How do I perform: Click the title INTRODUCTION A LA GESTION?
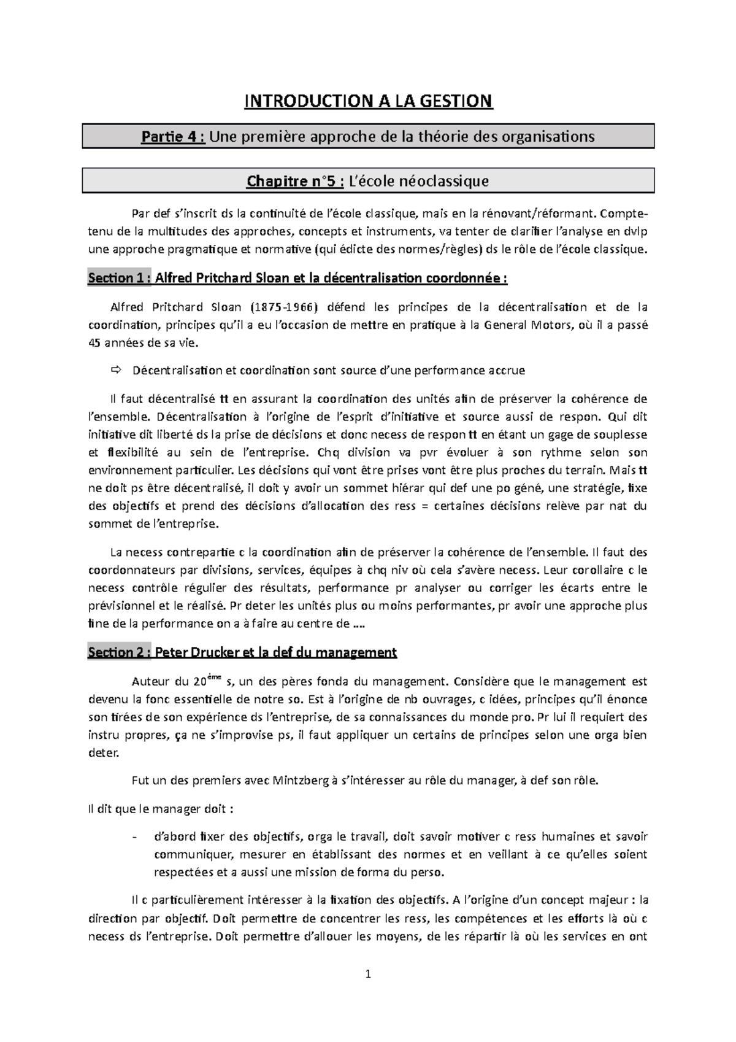pos(368,101)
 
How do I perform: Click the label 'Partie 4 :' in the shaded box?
pos(173,136)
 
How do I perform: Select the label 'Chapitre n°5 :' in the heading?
pos(294,181)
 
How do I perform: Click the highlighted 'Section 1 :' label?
pos(119,279)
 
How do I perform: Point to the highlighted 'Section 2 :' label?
pos(119,652)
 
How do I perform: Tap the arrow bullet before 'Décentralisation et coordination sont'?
pos(116,371)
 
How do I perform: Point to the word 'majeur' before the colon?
pos(607,900)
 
